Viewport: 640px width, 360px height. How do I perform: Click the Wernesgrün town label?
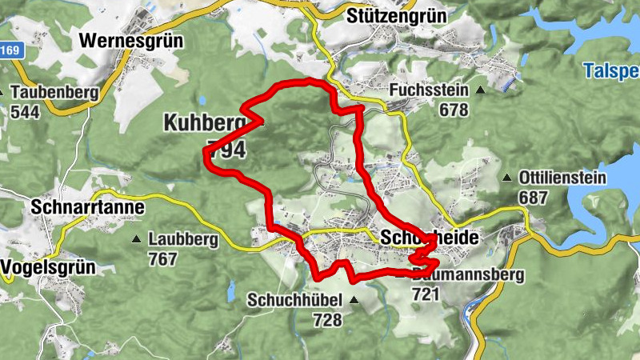(x=132, y=40)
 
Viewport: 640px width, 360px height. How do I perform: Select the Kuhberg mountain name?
(x=204, y=122)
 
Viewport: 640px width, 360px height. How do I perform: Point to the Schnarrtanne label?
(x=88, y=207)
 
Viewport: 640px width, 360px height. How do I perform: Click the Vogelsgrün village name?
(x=50, y=266)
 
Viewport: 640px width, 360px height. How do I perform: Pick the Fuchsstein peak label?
(x=428, y=91)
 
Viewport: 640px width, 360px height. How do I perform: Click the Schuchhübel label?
(x=294, y=301)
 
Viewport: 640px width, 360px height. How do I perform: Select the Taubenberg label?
(x=54, y=92)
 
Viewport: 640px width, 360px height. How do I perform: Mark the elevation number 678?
(x=454, y=110)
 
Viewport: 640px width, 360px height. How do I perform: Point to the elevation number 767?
(x=162, y=258)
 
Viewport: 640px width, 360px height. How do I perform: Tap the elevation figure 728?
(x=328, y=320)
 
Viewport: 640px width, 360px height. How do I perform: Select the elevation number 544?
(x=26, y=111)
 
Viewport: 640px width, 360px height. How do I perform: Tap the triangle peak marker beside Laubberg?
(x=136, y=238)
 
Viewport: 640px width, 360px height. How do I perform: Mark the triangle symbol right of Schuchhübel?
(x=354, y=301)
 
